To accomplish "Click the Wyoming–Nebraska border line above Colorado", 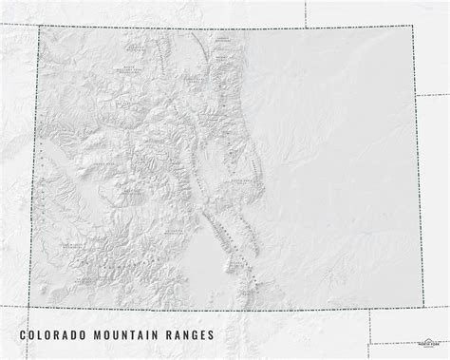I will coord(305,11).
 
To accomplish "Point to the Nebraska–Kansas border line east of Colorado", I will coord(432,96).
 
